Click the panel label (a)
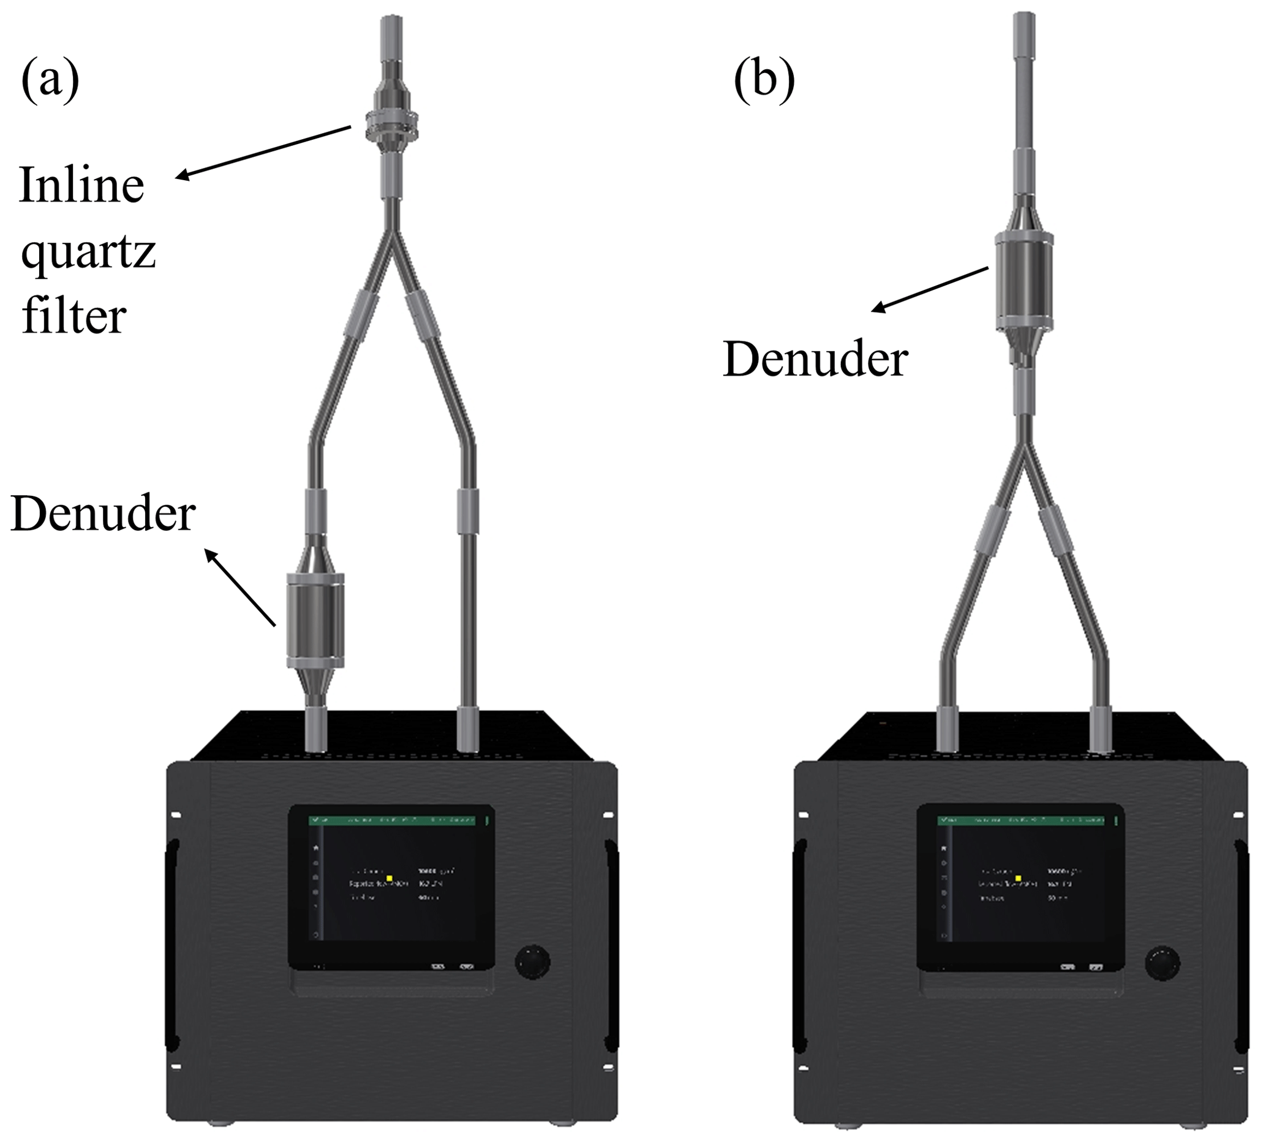[x=50, y=80]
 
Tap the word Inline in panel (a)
[x=81, y=185]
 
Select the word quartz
[x=88, y=253]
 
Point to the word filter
[x=74, y=316]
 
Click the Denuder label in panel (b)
[x=815, y=359]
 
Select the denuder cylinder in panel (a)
[x=315, y=620]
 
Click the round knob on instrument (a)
[x=532, y=962]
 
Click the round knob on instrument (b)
[x=1162, y=963]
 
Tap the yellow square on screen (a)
[x=390, y=878]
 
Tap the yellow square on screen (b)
[x=1018, y=878]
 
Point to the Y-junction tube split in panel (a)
[x=392, y=232]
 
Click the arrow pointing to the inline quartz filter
[x=263, y=153]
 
